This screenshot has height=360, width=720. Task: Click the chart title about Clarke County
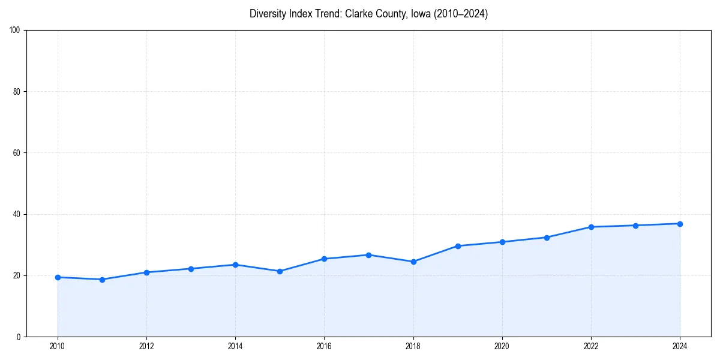click(368, 14)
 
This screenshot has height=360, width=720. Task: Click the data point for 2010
click(58, 277)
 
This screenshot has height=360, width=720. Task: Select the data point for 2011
click(102, 280)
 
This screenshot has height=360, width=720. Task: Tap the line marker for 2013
click(191, 269)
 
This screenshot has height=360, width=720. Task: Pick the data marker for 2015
click(280, 271)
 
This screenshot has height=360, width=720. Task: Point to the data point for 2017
click(368, 255)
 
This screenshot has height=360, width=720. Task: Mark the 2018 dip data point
click(413, 262)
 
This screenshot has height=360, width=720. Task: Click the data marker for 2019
click(458, 246)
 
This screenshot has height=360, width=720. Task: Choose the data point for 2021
click(547, 238)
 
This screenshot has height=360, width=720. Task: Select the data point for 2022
click(591, 227)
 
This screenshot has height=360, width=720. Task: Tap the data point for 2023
click(635, 226)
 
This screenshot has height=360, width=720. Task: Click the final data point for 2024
click(680, 224)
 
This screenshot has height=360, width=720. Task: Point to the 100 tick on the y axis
click(16, 31)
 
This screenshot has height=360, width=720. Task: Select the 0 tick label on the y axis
click(20, 337)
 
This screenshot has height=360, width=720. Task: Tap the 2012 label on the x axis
click(146, 346)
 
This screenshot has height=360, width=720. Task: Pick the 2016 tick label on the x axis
click(324, 346)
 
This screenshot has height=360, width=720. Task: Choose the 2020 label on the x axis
click(502, 346)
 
